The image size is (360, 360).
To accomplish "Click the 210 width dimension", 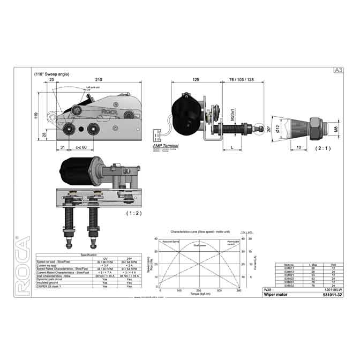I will click(99, 79).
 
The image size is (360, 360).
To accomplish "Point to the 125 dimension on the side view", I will click(196, 79).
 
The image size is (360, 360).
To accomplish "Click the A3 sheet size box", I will click(338, 70).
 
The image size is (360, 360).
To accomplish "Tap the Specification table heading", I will click(88, 255).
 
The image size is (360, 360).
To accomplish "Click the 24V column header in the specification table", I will click(129, 259).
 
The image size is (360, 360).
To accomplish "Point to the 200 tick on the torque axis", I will click(199, 290).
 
